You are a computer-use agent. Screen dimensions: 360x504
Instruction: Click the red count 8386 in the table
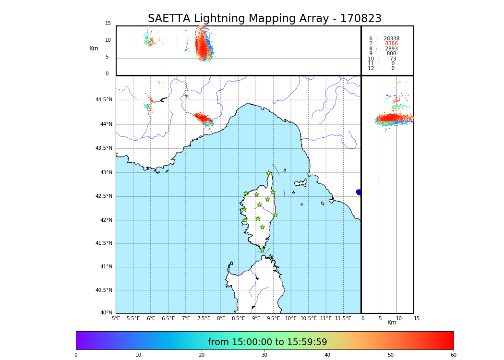pos(391,44)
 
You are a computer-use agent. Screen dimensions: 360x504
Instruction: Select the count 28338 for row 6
pos(391,39)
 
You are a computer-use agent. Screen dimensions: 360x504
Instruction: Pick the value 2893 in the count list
pos(391,49)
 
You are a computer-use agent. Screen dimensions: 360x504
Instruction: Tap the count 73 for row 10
pos(393,59)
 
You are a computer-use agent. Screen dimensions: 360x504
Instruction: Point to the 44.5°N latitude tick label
pos(104,100)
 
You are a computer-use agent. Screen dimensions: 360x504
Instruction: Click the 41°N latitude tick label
pos(105,267)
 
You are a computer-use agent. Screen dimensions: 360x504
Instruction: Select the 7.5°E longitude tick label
pos(204,319)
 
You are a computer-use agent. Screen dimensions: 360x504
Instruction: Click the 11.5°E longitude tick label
pos(343,319)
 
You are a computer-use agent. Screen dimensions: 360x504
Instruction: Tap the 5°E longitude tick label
pos(116,319)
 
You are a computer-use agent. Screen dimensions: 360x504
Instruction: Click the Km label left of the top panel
pos(94,48)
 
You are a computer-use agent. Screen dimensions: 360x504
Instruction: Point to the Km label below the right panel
pos(392,323)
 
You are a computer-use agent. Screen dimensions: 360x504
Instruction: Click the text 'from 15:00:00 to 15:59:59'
pos(267,342)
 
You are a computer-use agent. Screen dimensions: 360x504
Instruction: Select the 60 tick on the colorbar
pos(453,355)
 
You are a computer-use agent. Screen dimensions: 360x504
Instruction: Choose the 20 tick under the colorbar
pos(202,355)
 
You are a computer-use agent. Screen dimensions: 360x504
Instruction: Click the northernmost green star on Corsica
pos(269,173)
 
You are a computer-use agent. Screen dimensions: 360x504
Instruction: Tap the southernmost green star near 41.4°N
pos(263,250)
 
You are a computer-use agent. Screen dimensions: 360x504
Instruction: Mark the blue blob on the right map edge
pos(359,192)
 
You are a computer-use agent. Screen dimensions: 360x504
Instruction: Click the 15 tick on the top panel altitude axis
pos(108,24)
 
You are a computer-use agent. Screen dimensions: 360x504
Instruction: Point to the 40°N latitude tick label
pos(107,313)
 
